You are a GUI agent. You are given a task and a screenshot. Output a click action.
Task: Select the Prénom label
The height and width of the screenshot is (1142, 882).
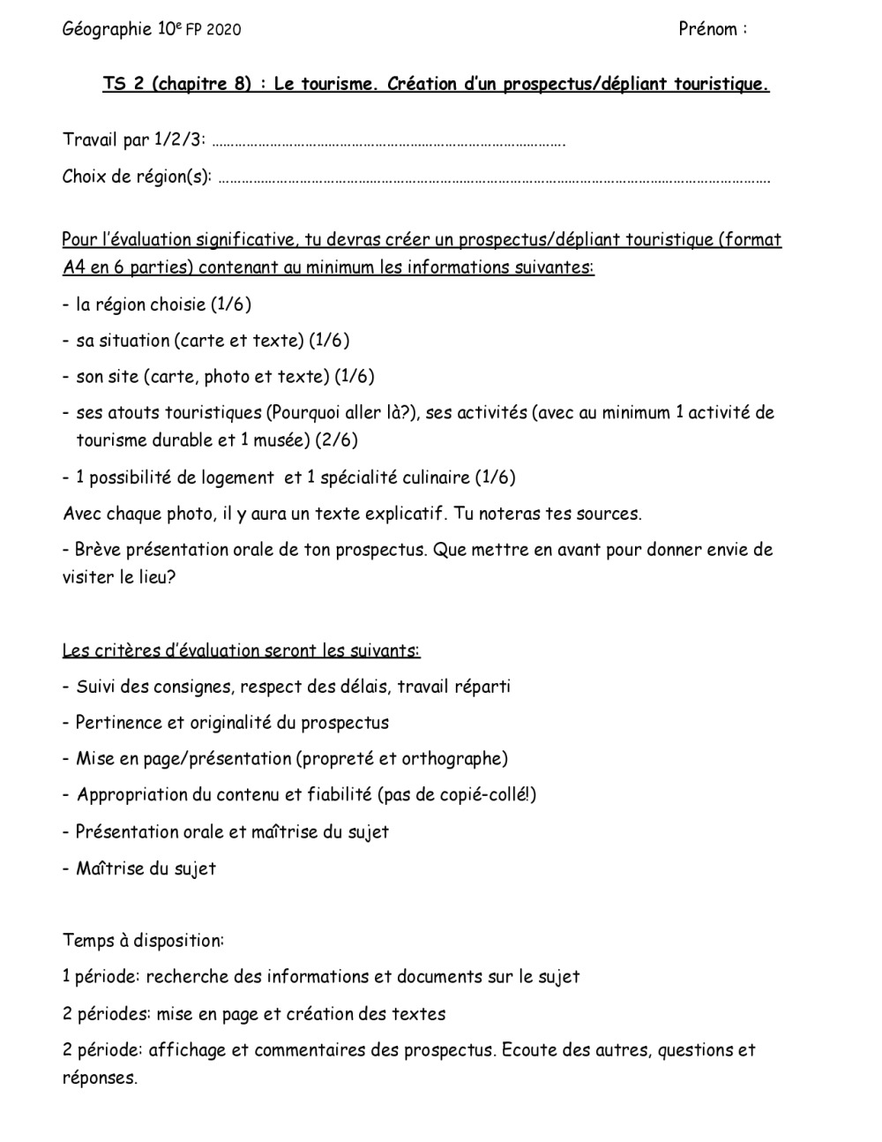(x=708, y=29)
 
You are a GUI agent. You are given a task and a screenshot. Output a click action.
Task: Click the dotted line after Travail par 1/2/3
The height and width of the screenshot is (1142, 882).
(x=389, y=141)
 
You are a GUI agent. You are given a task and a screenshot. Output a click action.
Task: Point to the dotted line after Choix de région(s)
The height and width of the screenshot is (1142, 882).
(x=494, y=178)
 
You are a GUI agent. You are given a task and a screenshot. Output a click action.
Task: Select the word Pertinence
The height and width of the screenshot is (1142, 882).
(x=118, y=723)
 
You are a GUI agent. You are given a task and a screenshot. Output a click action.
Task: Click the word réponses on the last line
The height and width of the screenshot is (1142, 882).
(x=99, y=1078)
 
